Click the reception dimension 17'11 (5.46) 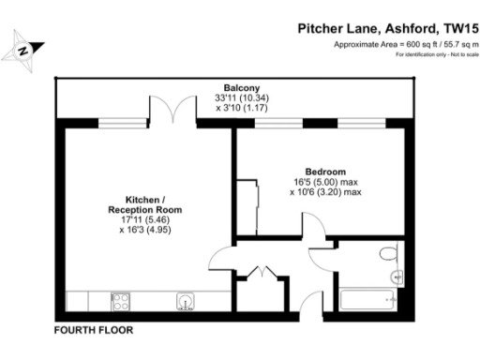point(144,220)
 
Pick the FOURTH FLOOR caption point(94,330)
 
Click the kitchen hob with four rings point(121,301)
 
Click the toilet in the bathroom point(389,254)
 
